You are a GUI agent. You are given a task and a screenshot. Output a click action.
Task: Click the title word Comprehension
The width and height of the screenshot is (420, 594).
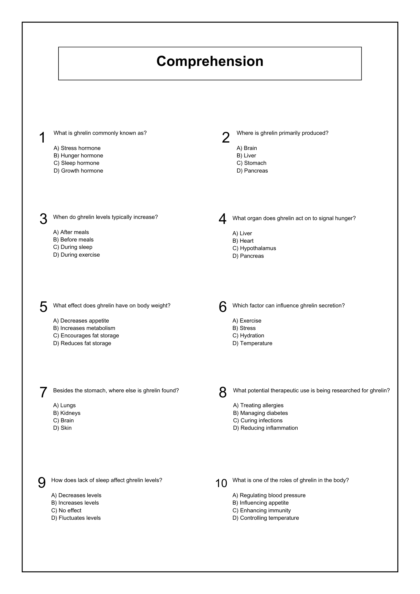click(x=210, y=61)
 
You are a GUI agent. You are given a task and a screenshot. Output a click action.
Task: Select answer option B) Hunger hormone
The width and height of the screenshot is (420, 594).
click(x=78, y=156)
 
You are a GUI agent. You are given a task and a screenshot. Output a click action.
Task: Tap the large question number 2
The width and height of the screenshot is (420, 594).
click(x=226, y=138)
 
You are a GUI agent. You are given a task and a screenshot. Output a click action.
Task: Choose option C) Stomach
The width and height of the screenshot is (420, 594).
click(x=251, y=163)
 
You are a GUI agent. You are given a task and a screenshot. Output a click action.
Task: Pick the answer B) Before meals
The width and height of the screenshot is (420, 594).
click(x=73, y=240)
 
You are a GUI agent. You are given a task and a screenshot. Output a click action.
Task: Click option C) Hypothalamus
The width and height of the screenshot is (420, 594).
click(x=254, y=248)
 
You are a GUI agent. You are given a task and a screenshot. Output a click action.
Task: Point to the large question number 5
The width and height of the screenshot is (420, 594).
click(x=43, y=307)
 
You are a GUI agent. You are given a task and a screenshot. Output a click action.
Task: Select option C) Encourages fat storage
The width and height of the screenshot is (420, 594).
click(x=86, y=336)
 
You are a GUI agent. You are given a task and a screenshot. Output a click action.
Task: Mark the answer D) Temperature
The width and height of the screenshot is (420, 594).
click(x=252, y=343)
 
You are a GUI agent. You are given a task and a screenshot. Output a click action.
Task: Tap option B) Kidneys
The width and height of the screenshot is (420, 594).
click(x=67, y=413)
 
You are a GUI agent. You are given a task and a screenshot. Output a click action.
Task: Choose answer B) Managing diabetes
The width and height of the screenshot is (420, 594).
click(x=260, y=413)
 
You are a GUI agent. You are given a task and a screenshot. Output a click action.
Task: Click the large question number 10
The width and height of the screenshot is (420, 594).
click(x=221, y=484)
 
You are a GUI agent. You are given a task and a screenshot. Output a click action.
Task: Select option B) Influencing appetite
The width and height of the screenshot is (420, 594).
click(x=260, y=503)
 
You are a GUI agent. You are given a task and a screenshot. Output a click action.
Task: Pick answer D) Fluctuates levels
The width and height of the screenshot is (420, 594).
click(x=76, y=518)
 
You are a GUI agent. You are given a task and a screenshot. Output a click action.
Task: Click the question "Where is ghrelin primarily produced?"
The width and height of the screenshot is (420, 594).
click(x=282, y=133)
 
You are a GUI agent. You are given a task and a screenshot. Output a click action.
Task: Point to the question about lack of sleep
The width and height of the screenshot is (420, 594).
click(x=107, y=480)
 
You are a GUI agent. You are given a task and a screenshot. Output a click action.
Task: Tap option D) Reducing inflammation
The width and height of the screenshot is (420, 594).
click(x=266, y=428)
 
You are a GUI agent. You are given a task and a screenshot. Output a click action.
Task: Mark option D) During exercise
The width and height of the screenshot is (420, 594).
click(x=77, y=255)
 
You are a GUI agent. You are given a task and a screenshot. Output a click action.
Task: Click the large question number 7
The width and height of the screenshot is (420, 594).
click(x=43, y=392)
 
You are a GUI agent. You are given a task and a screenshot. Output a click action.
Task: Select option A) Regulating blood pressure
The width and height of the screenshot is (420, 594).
click(x=269, y=495)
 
